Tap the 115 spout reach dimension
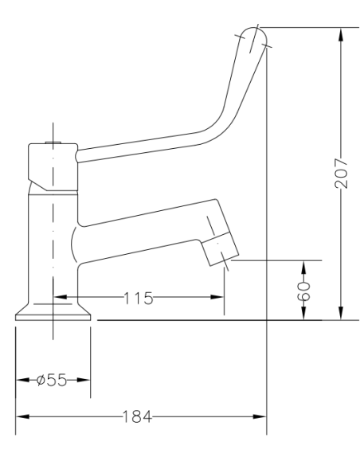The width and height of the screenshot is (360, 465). [x=137, y=298]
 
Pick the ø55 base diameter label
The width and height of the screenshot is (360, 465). [x=53, y=381]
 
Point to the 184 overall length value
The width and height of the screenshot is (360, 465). [x=137, y=416]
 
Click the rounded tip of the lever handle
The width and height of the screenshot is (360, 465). [x=254, y=35]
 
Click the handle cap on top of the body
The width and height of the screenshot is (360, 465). [x=52, y=163]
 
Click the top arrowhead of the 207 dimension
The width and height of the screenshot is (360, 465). [x=341, y=33]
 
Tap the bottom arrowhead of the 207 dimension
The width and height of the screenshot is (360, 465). [x=341, y=315]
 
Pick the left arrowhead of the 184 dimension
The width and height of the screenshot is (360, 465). [x=22, y=416]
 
